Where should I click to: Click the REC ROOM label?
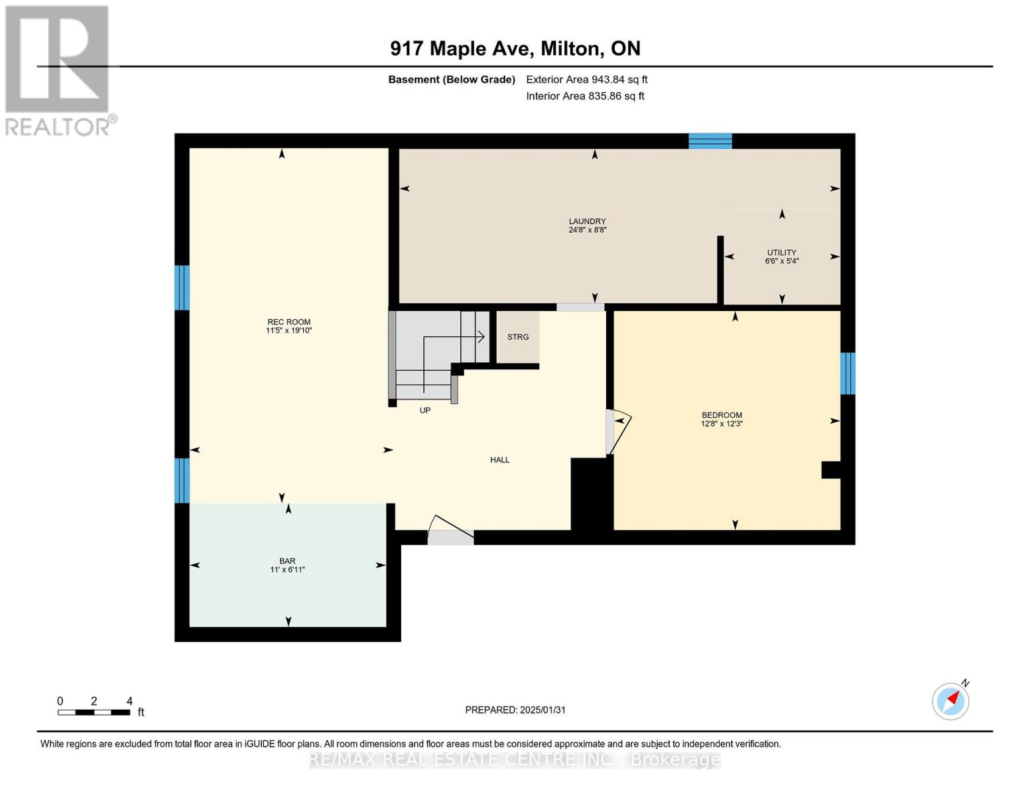tap(289, 322)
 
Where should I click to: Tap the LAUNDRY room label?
tap(587, 222)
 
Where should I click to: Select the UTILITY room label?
tap(781, 253)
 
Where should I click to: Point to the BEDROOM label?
tap(722, 415)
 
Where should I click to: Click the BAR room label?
tap(287, 561)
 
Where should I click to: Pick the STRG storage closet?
tap(517, 338)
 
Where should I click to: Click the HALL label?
tap(499, 460)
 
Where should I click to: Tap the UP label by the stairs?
tap(425, 411)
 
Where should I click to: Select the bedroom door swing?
tap(618, 431)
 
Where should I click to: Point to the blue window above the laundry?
tap(710, 141)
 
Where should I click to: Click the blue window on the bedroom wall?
tap(848, 373)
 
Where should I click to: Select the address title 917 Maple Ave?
tap(515, 48)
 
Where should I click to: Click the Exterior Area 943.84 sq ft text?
tap(586, 80)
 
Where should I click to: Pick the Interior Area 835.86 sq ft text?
tap(585, 96)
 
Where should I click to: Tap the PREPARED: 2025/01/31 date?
tap(515, 710)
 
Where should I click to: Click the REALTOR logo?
tap(58, 70)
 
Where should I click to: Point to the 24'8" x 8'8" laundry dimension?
tap(587, 230)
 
